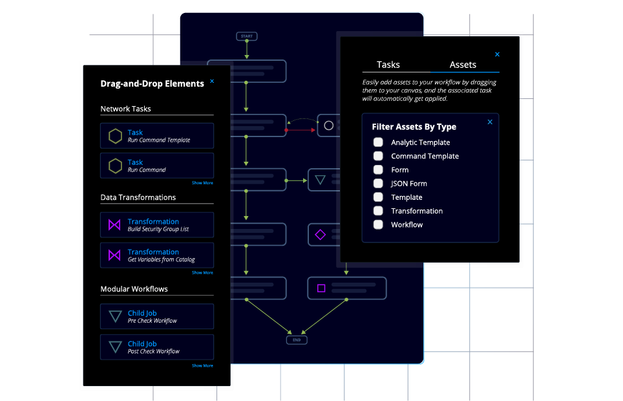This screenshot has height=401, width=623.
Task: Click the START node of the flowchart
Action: (246, 36)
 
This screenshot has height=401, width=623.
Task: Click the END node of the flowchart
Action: (297, 340)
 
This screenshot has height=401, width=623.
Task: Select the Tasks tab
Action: (388, 65)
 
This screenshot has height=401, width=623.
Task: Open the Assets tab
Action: (463, 65)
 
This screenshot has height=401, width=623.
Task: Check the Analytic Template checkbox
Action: (378, 142)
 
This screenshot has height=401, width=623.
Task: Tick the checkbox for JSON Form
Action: (378, 184)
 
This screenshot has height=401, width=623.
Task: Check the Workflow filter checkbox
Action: (378, 225)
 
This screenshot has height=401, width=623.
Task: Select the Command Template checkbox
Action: (378, 156)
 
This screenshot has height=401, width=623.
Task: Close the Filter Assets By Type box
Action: (490, 122)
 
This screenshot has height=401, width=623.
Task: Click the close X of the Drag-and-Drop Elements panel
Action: (212, 81)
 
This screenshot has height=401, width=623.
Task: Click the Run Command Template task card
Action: (157, 136)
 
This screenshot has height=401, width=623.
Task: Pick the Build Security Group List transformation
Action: (157, 225)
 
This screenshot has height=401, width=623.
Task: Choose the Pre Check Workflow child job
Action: (157, 316)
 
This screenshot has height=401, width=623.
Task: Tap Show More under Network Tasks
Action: (202, 183)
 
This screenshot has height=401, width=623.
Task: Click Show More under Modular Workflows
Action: (202, 366)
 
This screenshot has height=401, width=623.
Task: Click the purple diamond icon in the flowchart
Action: (320, 235)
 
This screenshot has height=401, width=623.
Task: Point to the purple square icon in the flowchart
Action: (321, 288)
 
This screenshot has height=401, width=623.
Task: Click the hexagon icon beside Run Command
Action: (115, 166)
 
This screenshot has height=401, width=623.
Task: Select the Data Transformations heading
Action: (138, 197)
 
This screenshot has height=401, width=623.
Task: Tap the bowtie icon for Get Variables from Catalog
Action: (114, 255)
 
